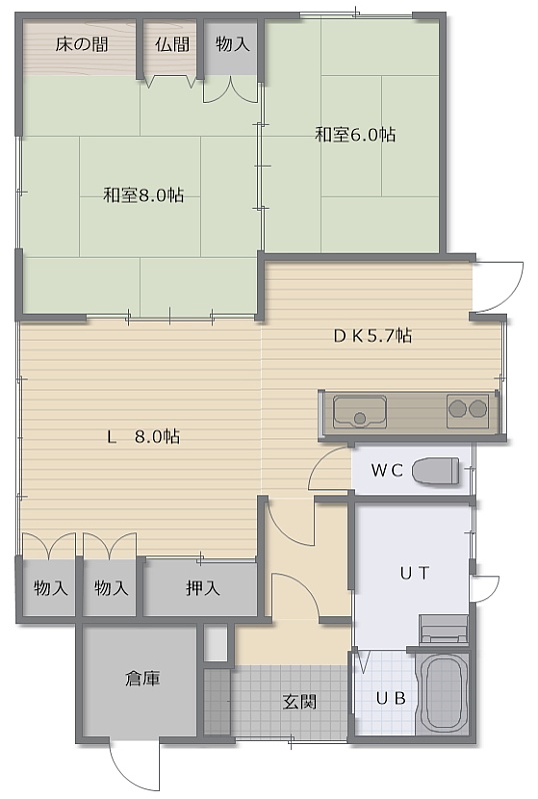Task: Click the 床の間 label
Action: [82, 44]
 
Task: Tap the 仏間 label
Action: [173, 44]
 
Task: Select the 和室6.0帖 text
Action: [355, 135]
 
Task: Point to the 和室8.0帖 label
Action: [143, 195]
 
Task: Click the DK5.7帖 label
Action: [373, 336]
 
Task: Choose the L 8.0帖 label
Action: [143, 436]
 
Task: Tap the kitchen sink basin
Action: [359, 411]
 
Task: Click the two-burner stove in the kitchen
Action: [468, 410]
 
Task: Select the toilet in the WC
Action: [435, 470]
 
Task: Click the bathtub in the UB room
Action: [445, 693]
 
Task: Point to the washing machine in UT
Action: [444, 630]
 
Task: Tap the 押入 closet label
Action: [203, 588]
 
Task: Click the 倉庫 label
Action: [143, 679]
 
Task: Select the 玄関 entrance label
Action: [300, 702]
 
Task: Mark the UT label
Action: [414, 573]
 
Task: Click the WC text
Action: [387, 469]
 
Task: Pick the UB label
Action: [391, 698]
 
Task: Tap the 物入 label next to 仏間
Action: [233, 44]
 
